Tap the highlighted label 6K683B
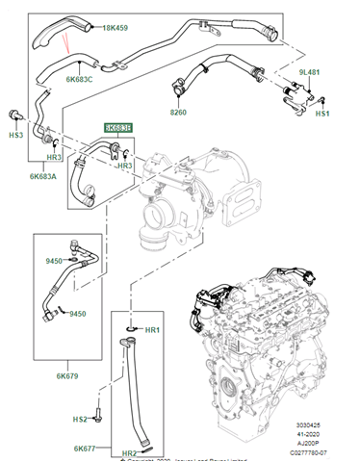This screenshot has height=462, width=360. click(119, 127)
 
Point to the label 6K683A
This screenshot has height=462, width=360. click(44, 175)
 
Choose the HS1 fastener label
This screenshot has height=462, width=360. click(322, 115)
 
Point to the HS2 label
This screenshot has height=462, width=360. click(80, 420)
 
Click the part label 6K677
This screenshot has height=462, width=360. click(87, 449)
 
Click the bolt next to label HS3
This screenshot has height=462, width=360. click(14, 115)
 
